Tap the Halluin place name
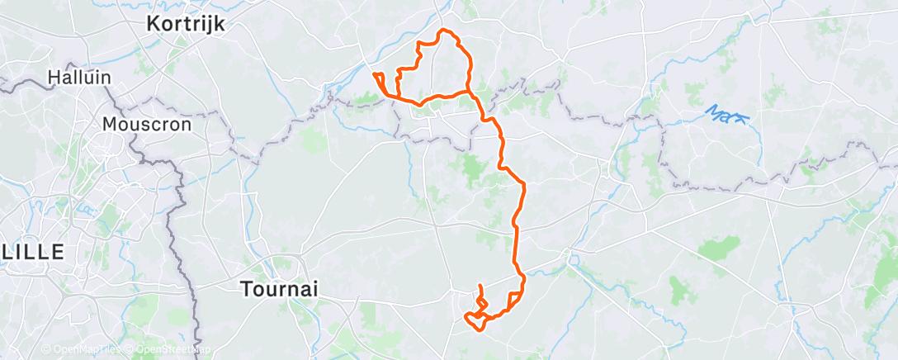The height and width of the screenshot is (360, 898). point(79,78)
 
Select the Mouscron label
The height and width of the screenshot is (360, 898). point(146,125)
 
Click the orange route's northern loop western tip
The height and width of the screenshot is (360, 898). point(376,75)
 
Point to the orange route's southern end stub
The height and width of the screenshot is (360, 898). point(480,287)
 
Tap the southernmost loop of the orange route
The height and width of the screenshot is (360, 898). point(475,320)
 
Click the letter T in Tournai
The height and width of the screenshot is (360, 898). point(246,289)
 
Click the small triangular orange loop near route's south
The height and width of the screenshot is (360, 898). point(515,298)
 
